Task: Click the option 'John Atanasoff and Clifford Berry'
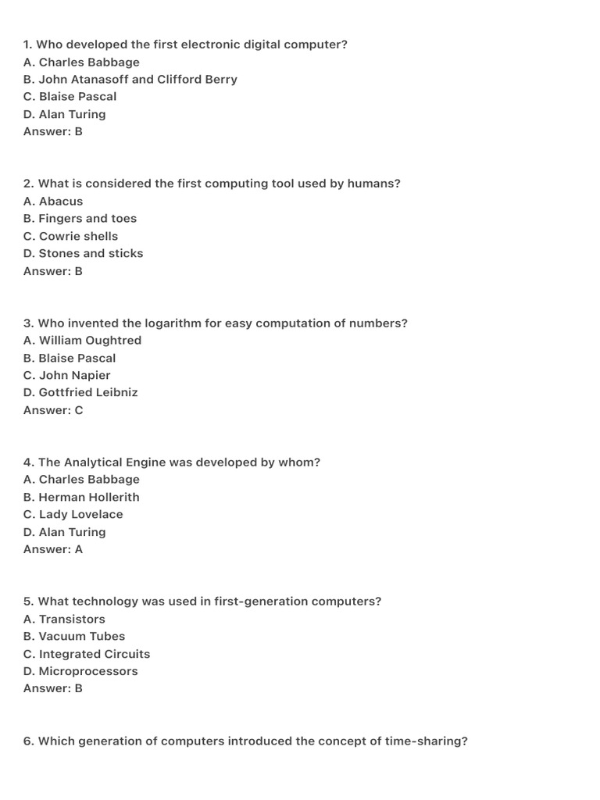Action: point(130,80)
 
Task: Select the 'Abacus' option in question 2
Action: point(53,202)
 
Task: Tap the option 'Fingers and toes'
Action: point(80,219)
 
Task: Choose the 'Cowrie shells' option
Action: point(70,236)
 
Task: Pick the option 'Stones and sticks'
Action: point(83,253)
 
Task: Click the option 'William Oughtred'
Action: point(82,341)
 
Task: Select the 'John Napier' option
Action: point(67,375)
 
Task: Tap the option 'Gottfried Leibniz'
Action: point(80,392)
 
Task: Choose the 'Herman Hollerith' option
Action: point(81,497)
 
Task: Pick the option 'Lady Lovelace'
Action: point(73,514)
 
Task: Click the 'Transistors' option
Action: point(64,619)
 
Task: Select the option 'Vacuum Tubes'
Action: point(74,636)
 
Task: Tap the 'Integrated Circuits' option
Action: point(87,654)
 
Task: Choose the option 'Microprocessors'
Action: point(80,671)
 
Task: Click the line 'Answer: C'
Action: point(53,410)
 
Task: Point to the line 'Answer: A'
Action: point(53,549)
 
